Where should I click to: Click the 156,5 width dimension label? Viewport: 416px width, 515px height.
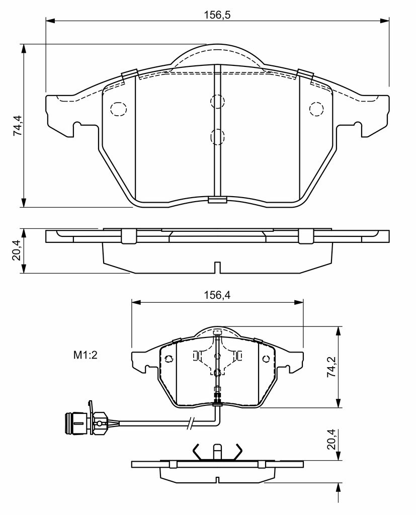[217, 15]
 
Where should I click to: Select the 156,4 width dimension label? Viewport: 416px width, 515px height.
[217, 295]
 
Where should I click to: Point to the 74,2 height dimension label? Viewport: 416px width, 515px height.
[332, 366]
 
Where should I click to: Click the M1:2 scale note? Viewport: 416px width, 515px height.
[86, 355]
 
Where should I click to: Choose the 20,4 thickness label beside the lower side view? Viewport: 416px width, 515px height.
[332, 439]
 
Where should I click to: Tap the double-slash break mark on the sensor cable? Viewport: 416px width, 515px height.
[191, 422]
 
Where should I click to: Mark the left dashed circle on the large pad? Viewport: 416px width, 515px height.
[118, 109]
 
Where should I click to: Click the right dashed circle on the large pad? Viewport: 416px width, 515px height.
[317, 109]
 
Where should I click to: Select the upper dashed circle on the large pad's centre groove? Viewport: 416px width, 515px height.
[217, 101]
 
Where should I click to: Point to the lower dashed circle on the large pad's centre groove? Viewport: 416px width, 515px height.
[217, 137]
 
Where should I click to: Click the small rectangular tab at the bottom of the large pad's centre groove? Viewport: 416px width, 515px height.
[217, 200]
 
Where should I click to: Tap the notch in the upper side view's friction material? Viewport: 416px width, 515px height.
[217, 267]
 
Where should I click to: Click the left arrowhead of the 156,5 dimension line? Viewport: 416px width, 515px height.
[50, 21]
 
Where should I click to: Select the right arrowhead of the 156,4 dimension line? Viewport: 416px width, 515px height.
[299, 302]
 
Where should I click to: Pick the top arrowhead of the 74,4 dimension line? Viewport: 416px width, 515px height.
[23, 48]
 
